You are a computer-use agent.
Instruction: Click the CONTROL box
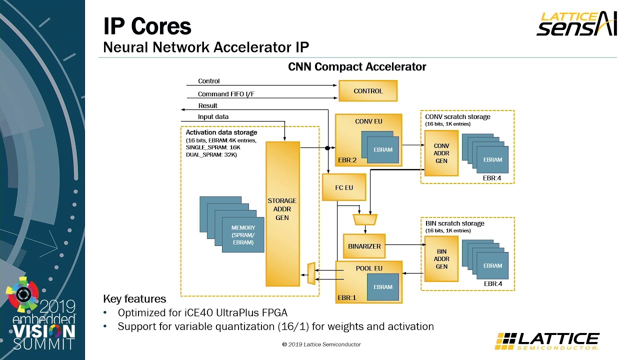(368, 91)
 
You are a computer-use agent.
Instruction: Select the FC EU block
(344, 187)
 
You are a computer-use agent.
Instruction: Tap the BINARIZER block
(364, 246)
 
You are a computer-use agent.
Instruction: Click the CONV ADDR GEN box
(441, 153)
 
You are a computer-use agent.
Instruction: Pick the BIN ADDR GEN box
(441, 259)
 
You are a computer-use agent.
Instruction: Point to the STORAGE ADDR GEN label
(282, 209)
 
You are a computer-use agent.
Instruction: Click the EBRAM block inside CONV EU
(383, 149)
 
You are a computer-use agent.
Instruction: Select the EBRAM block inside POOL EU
(383, 287)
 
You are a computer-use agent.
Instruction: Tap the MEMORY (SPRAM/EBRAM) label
(243, 235)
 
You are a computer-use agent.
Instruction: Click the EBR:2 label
(347, 160)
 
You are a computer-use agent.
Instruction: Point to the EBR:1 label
(347, 298)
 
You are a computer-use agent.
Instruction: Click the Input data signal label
(213, 117)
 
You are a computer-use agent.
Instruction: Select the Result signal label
(207, 105)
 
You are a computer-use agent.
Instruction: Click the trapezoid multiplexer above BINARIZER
(364, 219)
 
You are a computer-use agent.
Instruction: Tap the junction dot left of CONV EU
(327, 148)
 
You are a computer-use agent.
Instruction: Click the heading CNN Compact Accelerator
(357, 66)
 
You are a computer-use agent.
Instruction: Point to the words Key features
(134, 299)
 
